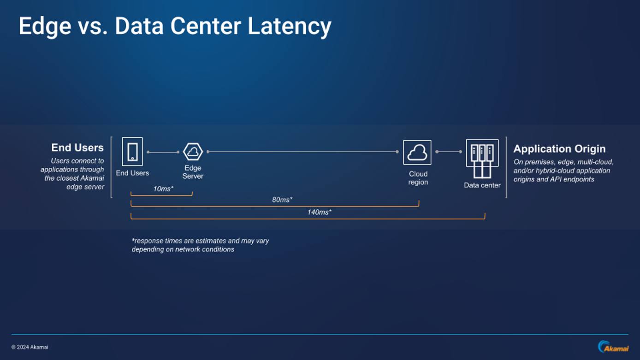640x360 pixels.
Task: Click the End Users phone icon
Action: [132, 152]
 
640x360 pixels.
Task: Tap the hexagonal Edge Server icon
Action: [193, 152]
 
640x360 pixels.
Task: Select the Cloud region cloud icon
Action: [417, 152]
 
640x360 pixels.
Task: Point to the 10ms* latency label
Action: [163, 189]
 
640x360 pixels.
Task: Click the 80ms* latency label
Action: [282, 200]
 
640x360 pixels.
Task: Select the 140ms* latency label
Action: [319, 212]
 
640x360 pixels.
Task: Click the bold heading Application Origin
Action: [559, 149]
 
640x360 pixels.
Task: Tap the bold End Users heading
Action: [77, 148]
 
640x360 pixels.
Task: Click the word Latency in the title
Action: [289, 26]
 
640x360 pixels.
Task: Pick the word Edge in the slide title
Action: [45, 26]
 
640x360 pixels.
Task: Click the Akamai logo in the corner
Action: [613, 347]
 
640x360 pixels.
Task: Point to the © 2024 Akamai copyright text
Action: [30, 347]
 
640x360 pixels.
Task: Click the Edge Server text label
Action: [193, 172]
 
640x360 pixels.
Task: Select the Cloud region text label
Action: [418, 178]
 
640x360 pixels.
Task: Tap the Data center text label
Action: [482, 185]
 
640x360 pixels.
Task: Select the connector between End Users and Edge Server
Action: [163, 152]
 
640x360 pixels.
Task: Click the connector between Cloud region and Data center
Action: [449, 152]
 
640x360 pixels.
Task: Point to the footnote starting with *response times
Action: [200, 245]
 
